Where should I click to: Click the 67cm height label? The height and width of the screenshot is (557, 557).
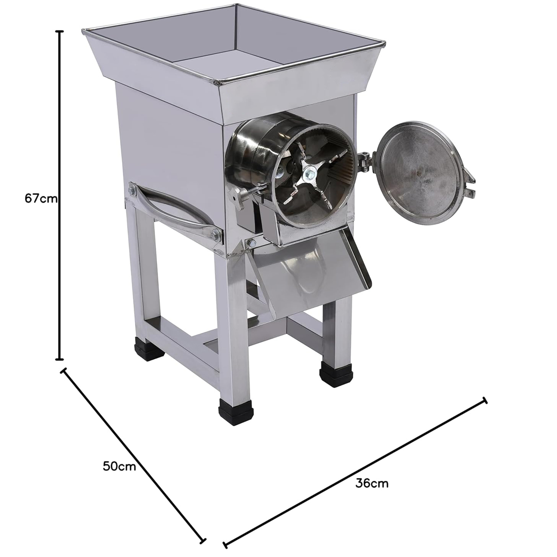tap(41, 198)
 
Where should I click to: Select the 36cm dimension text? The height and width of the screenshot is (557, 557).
tap(372, 483)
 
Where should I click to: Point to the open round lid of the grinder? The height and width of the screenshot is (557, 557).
tap(419, 170)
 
